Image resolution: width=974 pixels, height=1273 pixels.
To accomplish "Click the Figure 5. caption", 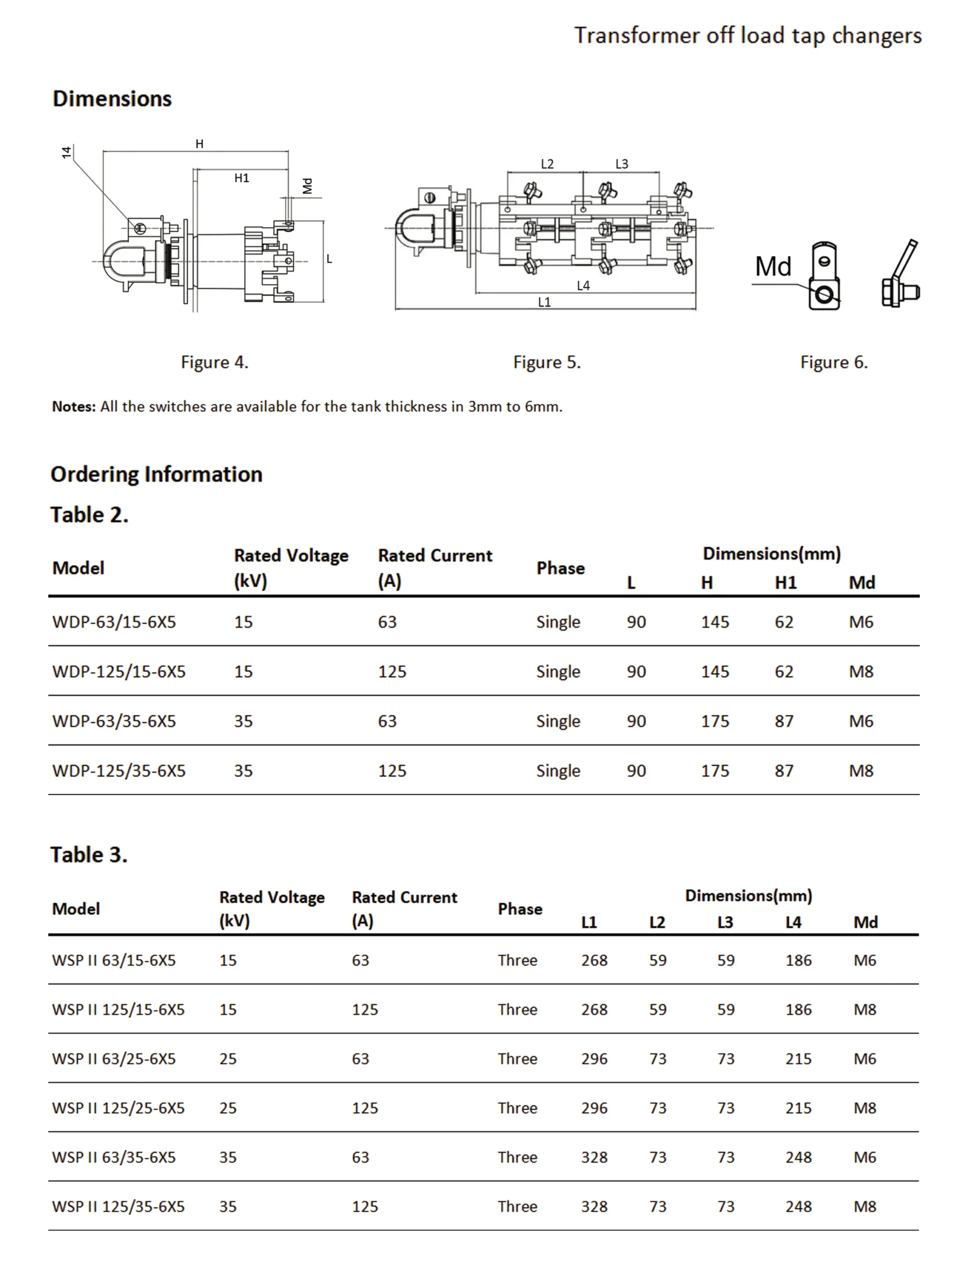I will (x=546, y=362).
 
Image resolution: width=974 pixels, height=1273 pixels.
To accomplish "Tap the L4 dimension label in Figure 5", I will (x=583, y=285).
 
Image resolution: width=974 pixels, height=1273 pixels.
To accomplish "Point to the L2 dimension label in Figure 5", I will (x=547, y=164).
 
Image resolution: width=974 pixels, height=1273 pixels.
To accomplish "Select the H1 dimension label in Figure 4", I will (x=242, y=178).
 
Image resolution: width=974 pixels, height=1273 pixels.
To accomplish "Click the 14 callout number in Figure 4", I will (x=67, y=152).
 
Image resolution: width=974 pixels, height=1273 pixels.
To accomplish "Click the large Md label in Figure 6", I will (x=773, y=267).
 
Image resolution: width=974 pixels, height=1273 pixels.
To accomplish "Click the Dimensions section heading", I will (x=112, y=98).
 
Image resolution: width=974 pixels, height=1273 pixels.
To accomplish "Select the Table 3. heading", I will (x=89, y=855).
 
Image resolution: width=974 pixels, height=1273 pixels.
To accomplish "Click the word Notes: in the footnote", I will (x=74, y=406).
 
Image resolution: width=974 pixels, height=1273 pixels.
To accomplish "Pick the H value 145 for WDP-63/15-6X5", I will (x=714, y=622).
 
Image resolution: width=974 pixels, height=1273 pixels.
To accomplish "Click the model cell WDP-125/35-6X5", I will (x=119, y=771).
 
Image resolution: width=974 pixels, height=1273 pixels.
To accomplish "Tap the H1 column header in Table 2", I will (x=785, y=582).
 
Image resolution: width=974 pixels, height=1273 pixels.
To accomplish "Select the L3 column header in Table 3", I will (x=725, y=922).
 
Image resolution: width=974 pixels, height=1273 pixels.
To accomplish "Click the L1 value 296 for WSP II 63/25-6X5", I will (x=594, y=1059).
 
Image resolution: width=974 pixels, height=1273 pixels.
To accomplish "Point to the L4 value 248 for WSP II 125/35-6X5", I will (x=798, y=1206).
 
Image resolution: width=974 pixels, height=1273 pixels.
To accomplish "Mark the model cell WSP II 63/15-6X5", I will (x=113, y=960).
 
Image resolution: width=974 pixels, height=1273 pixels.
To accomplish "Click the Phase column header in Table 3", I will (x=519, y=909).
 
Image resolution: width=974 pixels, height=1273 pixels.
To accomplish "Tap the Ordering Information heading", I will (x=157, y=474).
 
